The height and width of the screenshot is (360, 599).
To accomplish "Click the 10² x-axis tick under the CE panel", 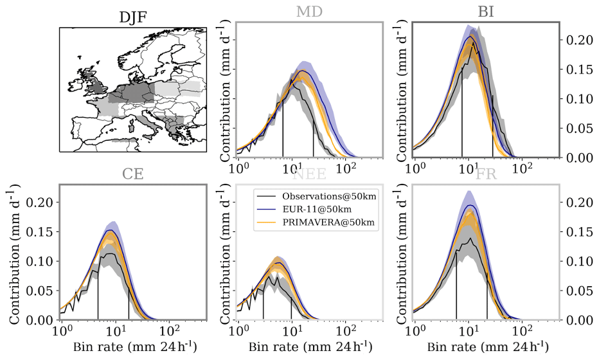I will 169,332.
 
